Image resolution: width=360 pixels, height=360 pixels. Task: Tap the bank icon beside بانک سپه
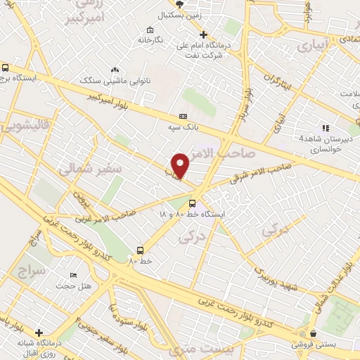184,116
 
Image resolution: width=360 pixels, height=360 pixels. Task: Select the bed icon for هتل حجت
74,275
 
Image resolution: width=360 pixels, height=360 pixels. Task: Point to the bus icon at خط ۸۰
140,250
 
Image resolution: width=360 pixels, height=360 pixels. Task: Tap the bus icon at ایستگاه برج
6,68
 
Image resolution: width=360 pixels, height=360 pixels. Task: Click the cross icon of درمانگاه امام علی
203,34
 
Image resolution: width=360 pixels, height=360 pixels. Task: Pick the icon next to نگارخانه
150,30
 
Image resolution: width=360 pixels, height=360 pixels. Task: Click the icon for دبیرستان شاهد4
324,128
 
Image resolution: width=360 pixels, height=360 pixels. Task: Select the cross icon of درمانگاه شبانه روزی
38,332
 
